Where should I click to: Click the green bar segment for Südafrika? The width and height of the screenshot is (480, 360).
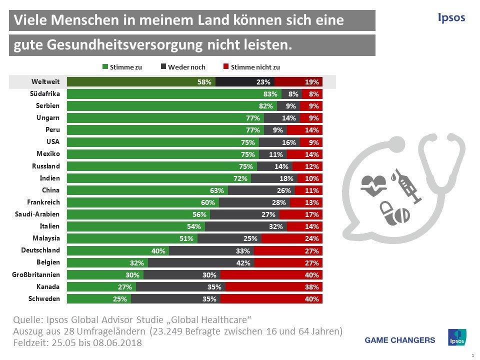point(174,93)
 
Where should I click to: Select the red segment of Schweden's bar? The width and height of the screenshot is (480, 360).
point(271,299)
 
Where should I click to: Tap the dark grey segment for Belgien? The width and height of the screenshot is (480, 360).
point(201,263)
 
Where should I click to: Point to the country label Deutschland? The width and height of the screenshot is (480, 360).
point(40,250)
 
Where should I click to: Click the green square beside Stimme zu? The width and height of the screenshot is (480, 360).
point(105,67)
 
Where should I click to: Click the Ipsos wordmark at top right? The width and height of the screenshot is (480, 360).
point(451,18)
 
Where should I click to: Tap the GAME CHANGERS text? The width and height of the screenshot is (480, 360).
point(400,340)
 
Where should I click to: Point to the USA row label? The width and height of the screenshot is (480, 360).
point(53,141)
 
